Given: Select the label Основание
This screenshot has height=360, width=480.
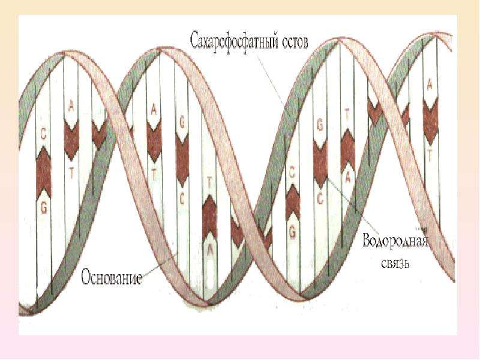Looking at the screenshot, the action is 112,278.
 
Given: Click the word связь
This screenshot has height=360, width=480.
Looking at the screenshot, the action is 395,263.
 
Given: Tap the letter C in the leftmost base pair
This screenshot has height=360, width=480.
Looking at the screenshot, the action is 43,134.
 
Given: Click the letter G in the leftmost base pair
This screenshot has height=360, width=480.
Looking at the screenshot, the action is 43,208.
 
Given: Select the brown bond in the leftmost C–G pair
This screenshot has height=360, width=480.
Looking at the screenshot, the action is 43,173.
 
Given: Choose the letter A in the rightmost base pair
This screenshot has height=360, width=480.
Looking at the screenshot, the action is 430,85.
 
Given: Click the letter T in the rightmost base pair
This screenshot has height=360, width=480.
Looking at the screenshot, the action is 430,157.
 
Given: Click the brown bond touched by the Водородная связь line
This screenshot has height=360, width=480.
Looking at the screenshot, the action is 320,164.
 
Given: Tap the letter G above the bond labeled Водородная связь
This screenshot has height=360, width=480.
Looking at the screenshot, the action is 320,125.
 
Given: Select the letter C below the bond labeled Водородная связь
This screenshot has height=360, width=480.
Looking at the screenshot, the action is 320,199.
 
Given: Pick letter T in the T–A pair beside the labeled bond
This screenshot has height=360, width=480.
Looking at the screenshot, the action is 347,114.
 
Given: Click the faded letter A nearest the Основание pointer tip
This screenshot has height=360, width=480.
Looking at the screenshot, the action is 209,250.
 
